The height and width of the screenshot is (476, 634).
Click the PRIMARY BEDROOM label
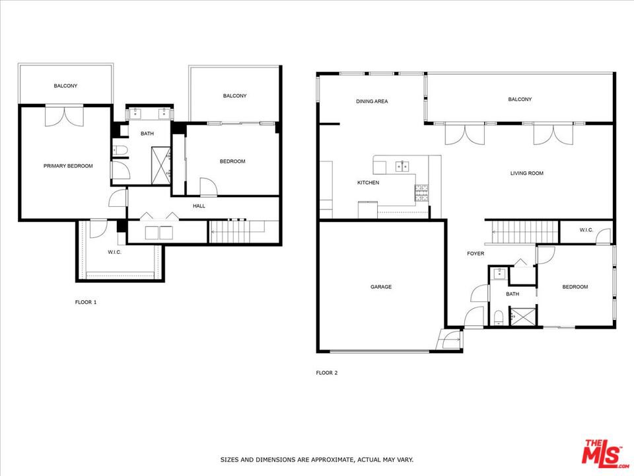click(68, 165)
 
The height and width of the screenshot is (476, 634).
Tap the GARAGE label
click(381, 286)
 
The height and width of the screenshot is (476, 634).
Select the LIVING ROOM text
click(526, 173)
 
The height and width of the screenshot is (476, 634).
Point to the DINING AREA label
click(372, 101)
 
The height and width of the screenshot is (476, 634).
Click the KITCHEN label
click(368, 182)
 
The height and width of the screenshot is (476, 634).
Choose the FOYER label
click(475, 253)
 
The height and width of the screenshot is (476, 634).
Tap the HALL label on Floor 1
click(199, 206)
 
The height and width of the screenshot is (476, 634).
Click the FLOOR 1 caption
click(86, 302)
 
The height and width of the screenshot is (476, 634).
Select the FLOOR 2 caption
click(326, 373)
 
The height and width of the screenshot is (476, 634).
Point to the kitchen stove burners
click(422, 192)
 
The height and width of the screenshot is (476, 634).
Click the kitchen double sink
click(402, 166)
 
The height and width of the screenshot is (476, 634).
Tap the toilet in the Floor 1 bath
click(120, 151)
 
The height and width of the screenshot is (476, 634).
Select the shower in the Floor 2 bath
click(523, 316)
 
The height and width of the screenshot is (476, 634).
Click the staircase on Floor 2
click(522, 232)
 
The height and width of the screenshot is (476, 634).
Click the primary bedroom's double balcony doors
click(64, 116)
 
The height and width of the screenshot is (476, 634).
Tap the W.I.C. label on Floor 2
click(586, 230)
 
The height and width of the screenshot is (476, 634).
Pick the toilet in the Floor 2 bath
click(499, 317)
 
